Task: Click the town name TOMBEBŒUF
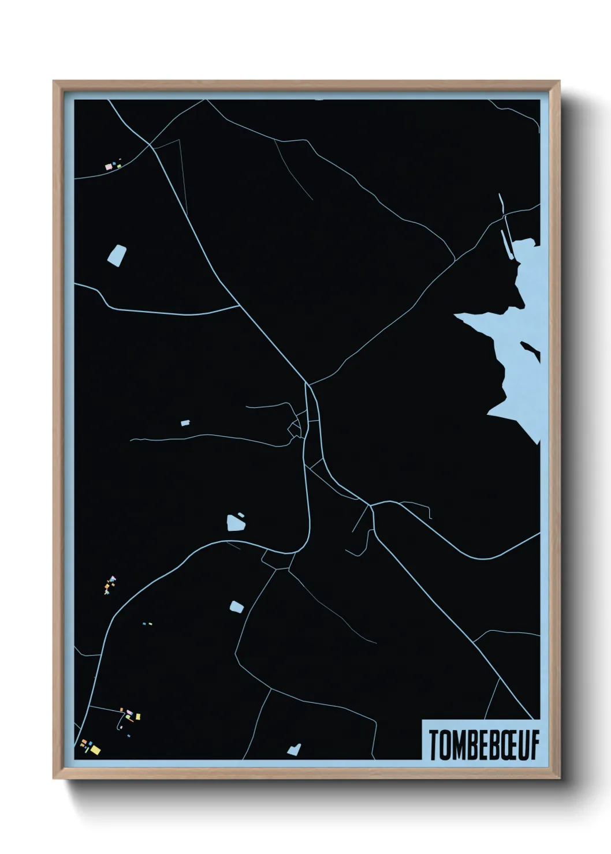(483, 745)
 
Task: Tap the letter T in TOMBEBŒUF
(433, 746)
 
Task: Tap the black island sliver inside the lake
(531, 350)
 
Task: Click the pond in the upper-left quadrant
(117, 254)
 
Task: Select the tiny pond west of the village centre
(185, 423)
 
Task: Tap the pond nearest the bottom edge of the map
(294, 750)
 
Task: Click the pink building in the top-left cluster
(108, 167)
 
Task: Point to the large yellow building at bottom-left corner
(95, 750)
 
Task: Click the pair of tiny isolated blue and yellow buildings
(147, 624)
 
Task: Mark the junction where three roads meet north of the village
(308, 384)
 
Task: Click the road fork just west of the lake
(454, 260)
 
